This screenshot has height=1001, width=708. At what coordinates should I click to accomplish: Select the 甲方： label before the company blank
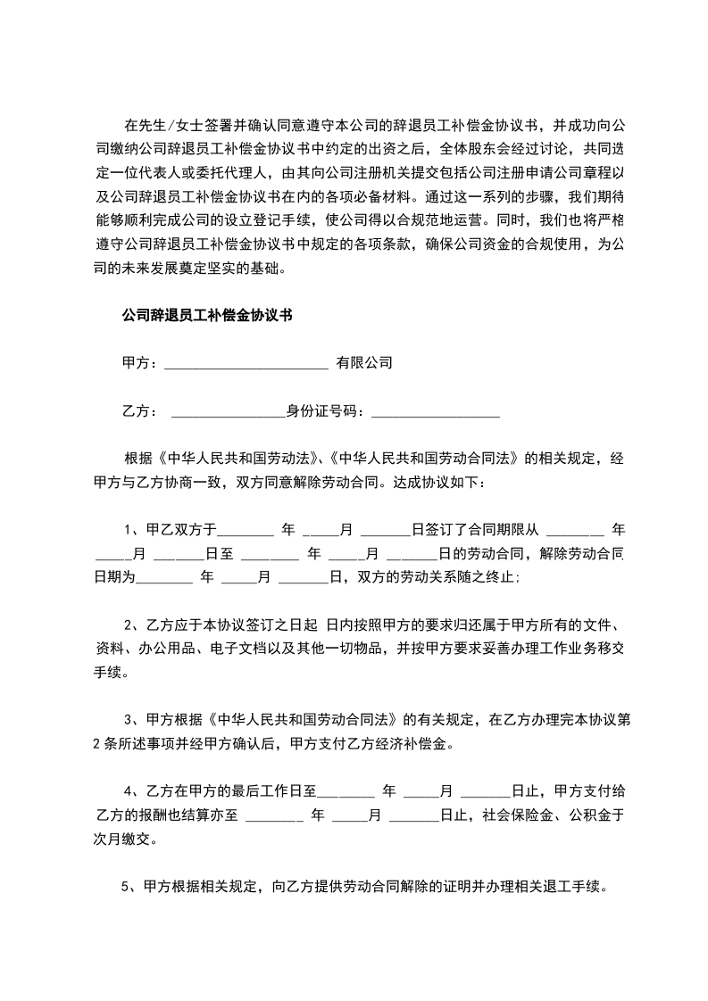click(x=139, y=363)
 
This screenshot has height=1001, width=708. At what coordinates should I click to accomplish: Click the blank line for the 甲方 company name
click(x=246, y=366)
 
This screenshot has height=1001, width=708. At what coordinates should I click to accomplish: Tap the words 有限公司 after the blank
click(x=364, y=363)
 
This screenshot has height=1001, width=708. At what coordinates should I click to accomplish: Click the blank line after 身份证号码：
click(x=435, y=414)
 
